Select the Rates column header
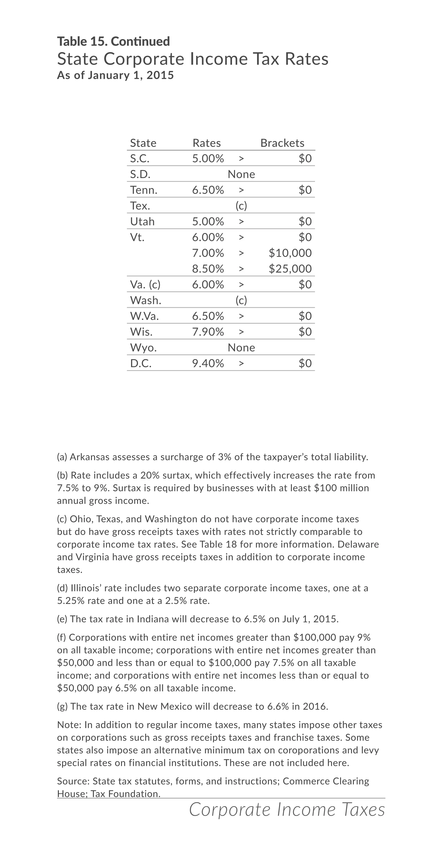click(207, 143)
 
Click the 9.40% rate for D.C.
click(208, 363)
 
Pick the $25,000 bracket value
click(290, 269)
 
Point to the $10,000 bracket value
click(290, 253)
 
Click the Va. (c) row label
click(145, 285)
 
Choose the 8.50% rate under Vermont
click(208, 269)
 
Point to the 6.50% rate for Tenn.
click(208, 190)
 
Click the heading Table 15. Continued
click(113, 41)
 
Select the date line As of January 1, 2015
click(115, 75)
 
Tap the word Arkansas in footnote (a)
click(89, 457)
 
